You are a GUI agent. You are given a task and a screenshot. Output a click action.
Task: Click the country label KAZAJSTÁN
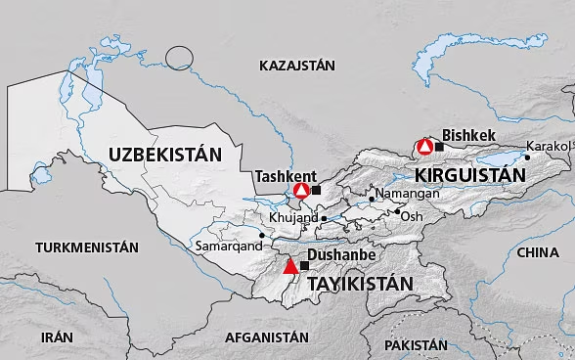(297, 66)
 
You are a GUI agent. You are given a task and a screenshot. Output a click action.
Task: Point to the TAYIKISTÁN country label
(360, 284)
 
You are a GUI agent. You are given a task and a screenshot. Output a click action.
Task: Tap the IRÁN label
(57, 336)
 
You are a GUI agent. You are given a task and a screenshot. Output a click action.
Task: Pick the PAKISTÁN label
(416, 345)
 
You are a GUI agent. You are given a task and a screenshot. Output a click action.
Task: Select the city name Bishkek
(470, 135)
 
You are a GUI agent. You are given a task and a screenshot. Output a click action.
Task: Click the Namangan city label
(408, 194)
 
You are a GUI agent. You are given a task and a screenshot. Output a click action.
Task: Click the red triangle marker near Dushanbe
(289, 266)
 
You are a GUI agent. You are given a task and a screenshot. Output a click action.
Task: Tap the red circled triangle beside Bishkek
(424, 147)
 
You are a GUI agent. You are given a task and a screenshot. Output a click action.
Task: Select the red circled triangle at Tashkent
(301, 190)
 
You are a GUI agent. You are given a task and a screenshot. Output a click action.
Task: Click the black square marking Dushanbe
(304, 265)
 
